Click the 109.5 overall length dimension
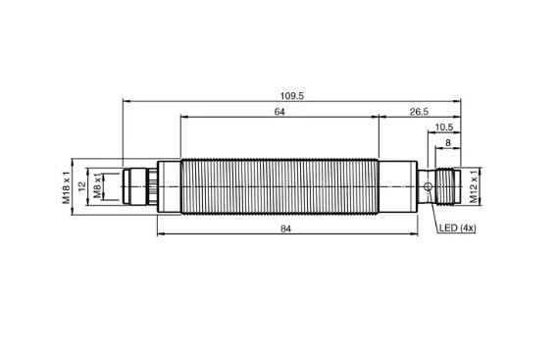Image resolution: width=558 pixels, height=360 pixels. click(292, 96)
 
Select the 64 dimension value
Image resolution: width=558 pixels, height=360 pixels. click(279, 112)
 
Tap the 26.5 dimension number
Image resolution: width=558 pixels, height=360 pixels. click(419, 112)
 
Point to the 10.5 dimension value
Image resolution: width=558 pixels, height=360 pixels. click(444, 128)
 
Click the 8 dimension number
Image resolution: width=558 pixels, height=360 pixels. click(448, 143)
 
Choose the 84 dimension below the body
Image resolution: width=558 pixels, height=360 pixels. click(285, 229)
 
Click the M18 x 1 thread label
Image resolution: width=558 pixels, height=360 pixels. click(66, 187)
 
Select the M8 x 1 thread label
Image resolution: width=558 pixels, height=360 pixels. click(97, 185)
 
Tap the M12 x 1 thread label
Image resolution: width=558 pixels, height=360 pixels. click(474, 186)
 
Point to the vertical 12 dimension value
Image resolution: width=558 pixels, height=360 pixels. click(82, 186)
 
